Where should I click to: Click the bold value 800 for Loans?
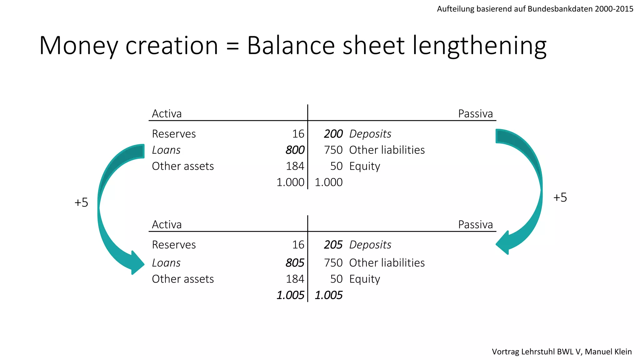point(295,150)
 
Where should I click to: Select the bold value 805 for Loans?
point(295,263)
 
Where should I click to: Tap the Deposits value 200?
point(333,134)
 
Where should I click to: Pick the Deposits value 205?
point(333,245)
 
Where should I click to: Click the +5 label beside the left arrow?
point(81,202)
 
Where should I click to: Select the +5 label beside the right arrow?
point(560,197)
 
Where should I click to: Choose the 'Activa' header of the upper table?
point(167,113)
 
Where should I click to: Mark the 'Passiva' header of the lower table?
point(475,224)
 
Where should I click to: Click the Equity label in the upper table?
point(364,166)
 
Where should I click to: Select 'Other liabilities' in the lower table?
point(387,263)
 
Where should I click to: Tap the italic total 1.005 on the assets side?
point(290,295)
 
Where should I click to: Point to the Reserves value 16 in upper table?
point(298,134)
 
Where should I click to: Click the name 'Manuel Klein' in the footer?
point(608,352)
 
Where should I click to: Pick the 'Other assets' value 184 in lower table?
point(295,279)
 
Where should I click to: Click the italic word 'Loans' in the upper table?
point(166,150)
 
